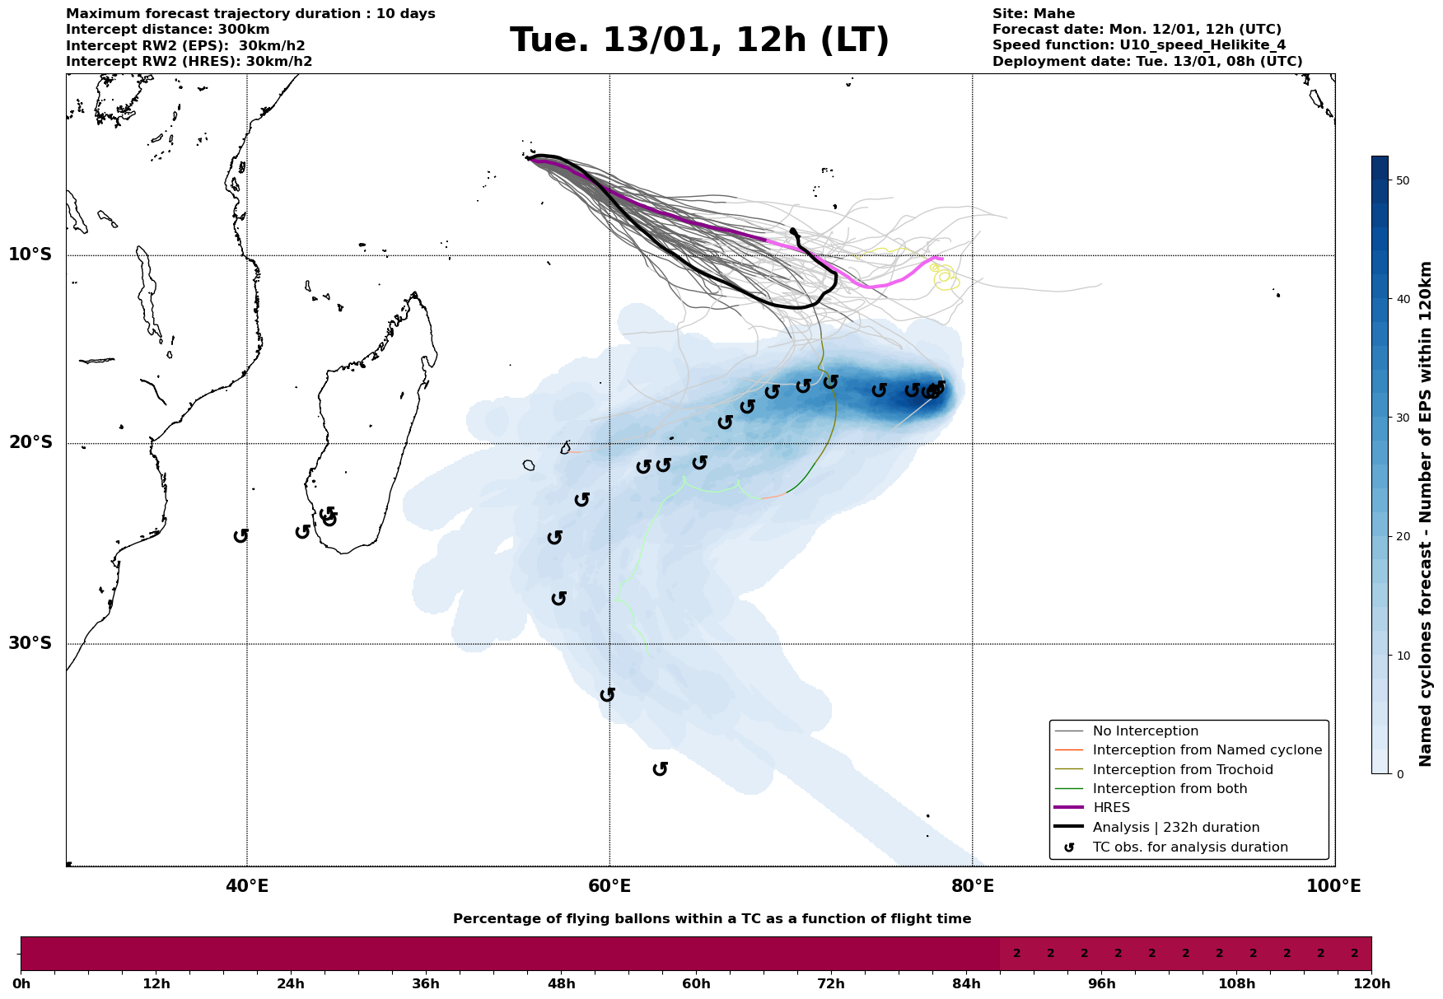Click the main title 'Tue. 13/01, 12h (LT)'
click(699, 40)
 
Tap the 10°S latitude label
click(30, 254)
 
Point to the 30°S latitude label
click(30, 643)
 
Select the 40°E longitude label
click(247, 886)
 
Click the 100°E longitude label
click(1334, 886)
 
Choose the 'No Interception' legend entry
click(1145, 731)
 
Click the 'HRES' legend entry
click(1111, 808)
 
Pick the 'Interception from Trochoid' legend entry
click(1182, 770)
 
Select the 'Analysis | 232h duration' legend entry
click(1175, 828)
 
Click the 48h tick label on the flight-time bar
click(561, 984)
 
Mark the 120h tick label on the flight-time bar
click(1371, 984)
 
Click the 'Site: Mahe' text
click(1033, 14)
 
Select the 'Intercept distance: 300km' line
click(167, 30)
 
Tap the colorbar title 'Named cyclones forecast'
click(1427, 514)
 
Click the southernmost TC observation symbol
click(660, 769)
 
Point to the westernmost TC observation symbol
click(240, 536)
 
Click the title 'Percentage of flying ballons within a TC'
click(712, 919)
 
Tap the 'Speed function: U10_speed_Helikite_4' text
click(1138, 45)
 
